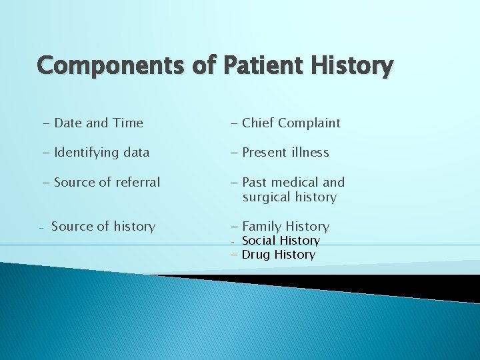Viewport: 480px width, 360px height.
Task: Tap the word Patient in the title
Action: point(254,66)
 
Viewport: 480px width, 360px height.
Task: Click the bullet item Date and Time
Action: point(92,123)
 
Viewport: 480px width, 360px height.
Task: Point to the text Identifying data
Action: point(95,152)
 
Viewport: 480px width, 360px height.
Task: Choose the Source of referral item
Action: point(101,182)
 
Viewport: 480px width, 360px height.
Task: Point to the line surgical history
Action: point(289,197)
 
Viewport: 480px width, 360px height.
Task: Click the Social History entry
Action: point(280,240)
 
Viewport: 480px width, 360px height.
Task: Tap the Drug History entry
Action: point(278,255)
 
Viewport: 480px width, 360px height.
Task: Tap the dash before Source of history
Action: point(41,227)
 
